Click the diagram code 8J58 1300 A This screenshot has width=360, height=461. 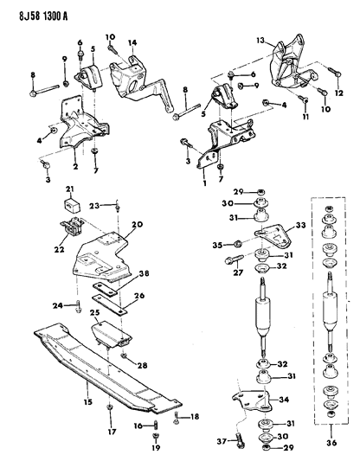pyautogui.click(x=43, y=16)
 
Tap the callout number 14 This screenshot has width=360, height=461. pyautogui.click(x=132, y=43)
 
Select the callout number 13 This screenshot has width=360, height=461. pyautogui.click(x=260, y=40)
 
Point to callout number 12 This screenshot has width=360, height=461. pyautogui.click(x=339, y=93)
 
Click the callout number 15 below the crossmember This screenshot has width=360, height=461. pyautogui.click(x=88, y=401)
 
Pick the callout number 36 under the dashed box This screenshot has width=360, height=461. pyautogui.click(x=331, y=443)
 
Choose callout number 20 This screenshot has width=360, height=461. pyautogui.click(x=138, y=224)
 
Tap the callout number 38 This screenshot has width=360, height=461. pyautogui.click(x=145, y=273)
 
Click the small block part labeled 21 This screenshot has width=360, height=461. pyautogui.click(x=71, y=206)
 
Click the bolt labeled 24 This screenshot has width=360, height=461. pyautogui.click(x=78, y=306)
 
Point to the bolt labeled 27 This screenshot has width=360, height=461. pyautogui.click(x=235, y=259)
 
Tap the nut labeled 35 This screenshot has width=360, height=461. pyautogui.click(x=238, y=243)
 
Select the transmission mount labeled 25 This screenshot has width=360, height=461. pyautogui.click(x=111, y=335)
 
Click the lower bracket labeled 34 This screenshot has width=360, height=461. pyautogui.click(x=253, y=400)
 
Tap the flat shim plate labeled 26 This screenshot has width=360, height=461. pyautogui.click(x=110, y=305)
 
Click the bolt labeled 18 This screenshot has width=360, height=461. pyautogui.click(x=177, y=418)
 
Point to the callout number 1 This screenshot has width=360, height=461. pyautogui.click(x=205, y=183)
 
